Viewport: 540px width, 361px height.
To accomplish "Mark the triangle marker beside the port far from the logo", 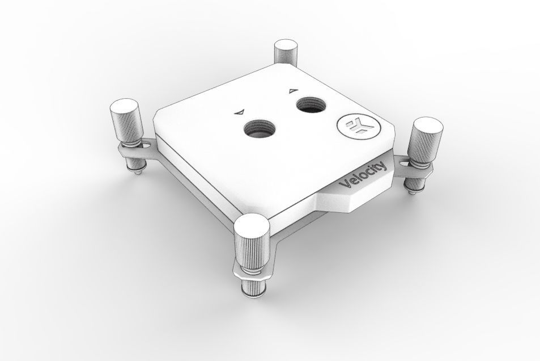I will click(x=239, y=112).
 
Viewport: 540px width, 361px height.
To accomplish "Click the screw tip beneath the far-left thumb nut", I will click(x=138, y=173).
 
